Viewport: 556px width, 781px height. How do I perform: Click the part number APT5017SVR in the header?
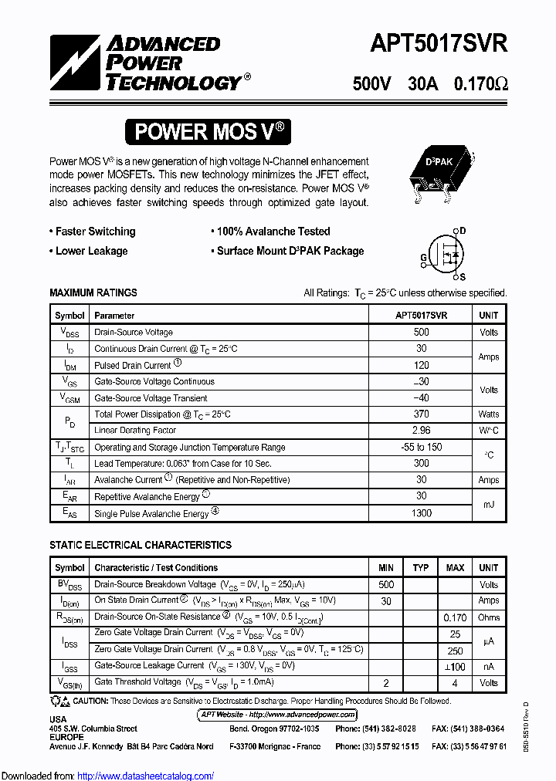coord(439,43)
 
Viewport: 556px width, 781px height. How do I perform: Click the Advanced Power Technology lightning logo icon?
coord(75,63)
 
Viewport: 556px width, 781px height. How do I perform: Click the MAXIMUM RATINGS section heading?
coord(93,293)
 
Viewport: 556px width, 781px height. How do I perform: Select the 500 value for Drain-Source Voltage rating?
coord(422,333)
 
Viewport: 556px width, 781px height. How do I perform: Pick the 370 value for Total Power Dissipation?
coord(422,414)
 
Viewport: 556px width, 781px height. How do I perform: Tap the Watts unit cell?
coord(489,414)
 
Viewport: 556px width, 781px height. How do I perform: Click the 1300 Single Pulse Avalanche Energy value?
coord(422,513)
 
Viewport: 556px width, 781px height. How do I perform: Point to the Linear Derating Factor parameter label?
coord(135,431)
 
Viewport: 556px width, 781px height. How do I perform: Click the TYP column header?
coord(421,568)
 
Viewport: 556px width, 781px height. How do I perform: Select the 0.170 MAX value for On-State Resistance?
coord(455,617)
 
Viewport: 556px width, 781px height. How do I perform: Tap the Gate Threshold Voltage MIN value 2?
coord(386,683)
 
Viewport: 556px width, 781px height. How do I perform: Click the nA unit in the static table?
coord(489,667)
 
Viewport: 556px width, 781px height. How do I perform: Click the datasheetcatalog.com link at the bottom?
coord(146,776)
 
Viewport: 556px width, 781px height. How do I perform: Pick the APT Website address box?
coord(278,715)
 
